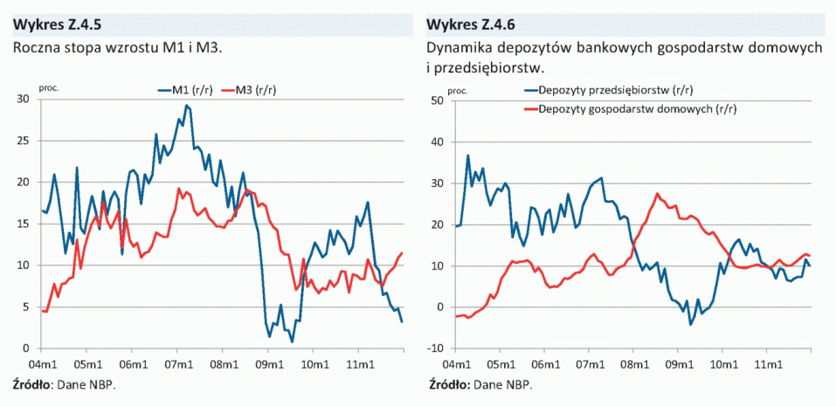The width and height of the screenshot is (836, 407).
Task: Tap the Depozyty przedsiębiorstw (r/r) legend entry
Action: pyautogui.click(x=606, y=90)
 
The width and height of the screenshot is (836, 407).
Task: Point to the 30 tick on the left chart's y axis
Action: pyautogui.click(x=24, y=99)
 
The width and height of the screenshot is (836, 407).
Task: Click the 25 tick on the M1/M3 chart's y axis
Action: pyautogui.click(x=24, y=141)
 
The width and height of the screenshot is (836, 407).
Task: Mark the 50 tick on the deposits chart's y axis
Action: pyautogui.click(x=439, y=100)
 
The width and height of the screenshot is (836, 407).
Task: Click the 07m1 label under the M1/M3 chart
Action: pyautogui.click(x=177, y=364)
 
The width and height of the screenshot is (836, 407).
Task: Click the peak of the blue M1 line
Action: pyautogui.click(x=186, y=106)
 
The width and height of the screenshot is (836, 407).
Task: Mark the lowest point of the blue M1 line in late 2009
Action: pyautogui.click(x=292, y=341)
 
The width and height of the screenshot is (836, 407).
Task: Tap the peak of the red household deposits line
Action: pyautogui.click(x=658, y=194)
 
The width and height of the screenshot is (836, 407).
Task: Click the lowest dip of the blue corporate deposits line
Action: pyautogui.click(x=690, y=325)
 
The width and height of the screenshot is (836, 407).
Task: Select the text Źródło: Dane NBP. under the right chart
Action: pyautogui.click(x=480, y=384)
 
